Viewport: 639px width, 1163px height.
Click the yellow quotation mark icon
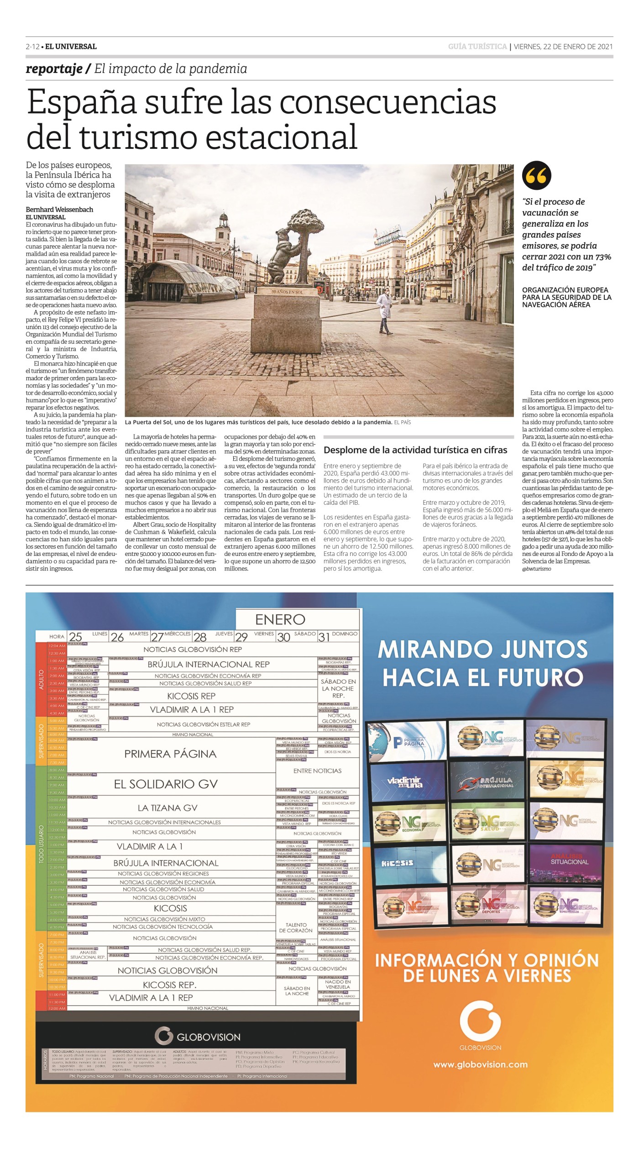pos(536,176)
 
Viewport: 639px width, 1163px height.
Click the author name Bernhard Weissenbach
pos(59,210)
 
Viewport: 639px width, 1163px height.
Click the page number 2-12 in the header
pos(33,47)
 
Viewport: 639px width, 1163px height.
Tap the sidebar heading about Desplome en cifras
pos(415,450)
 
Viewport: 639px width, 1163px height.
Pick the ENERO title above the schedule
pos(280,619)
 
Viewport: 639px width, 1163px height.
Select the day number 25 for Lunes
pos(75,637)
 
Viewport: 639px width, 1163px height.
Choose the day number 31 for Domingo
pos(324,637)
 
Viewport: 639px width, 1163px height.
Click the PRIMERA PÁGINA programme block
pos(170,754)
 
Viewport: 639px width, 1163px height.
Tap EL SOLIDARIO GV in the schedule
pos(166,784)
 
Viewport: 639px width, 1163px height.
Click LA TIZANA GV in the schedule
pos(168,808)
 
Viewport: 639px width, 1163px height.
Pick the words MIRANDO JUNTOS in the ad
pos(482,650)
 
